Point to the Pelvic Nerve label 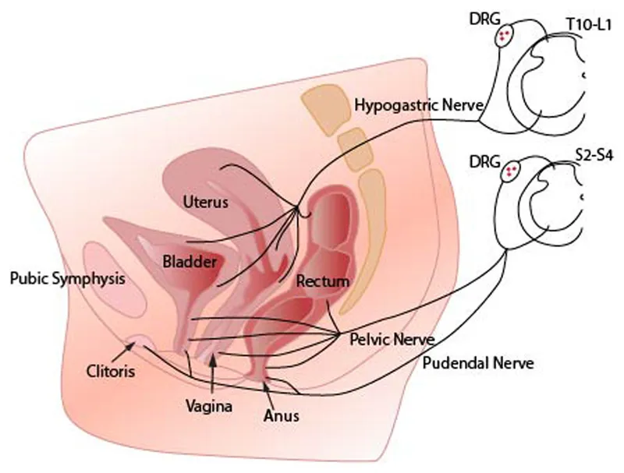point(386,341)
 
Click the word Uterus point(205,202)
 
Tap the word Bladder point(190,262)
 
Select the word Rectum point(322,281)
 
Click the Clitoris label point(110,371)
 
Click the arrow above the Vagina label point(214,374)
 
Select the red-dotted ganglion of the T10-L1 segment point(508,35)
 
